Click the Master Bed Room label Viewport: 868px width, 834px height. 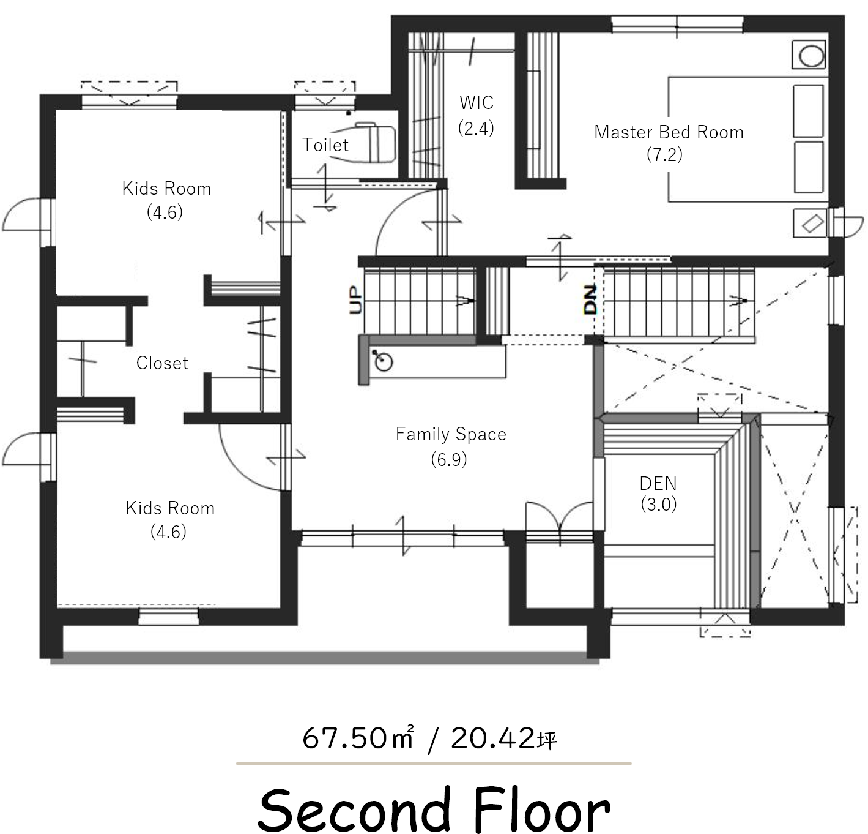point(669,132)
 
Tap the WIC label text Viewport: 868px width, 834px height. point(477,103)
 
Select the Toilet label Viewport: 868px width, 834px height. point(325,145)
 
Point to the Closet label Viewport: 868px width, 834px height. point(162,363)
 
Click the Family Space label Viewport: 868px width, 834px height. point(451,434)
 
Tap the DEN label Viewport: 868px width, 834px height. point(658,484)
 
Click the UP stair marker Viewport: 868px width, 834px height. point(355,300)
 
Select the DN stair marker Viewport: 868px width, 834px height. point(590,299)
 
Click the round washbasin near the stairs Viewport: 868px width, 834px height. point(383,362)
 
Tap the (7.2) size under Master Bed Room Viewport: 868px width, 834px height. point(664,155)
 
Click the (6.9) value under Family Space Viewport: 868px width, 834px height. point(449,459)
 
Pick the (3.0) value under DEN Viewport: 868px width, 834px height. point(658,505)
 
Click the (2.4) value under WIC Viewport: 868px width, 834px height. point(476,129)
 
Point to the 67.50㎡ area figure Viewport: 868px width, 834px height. point(358,738)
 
